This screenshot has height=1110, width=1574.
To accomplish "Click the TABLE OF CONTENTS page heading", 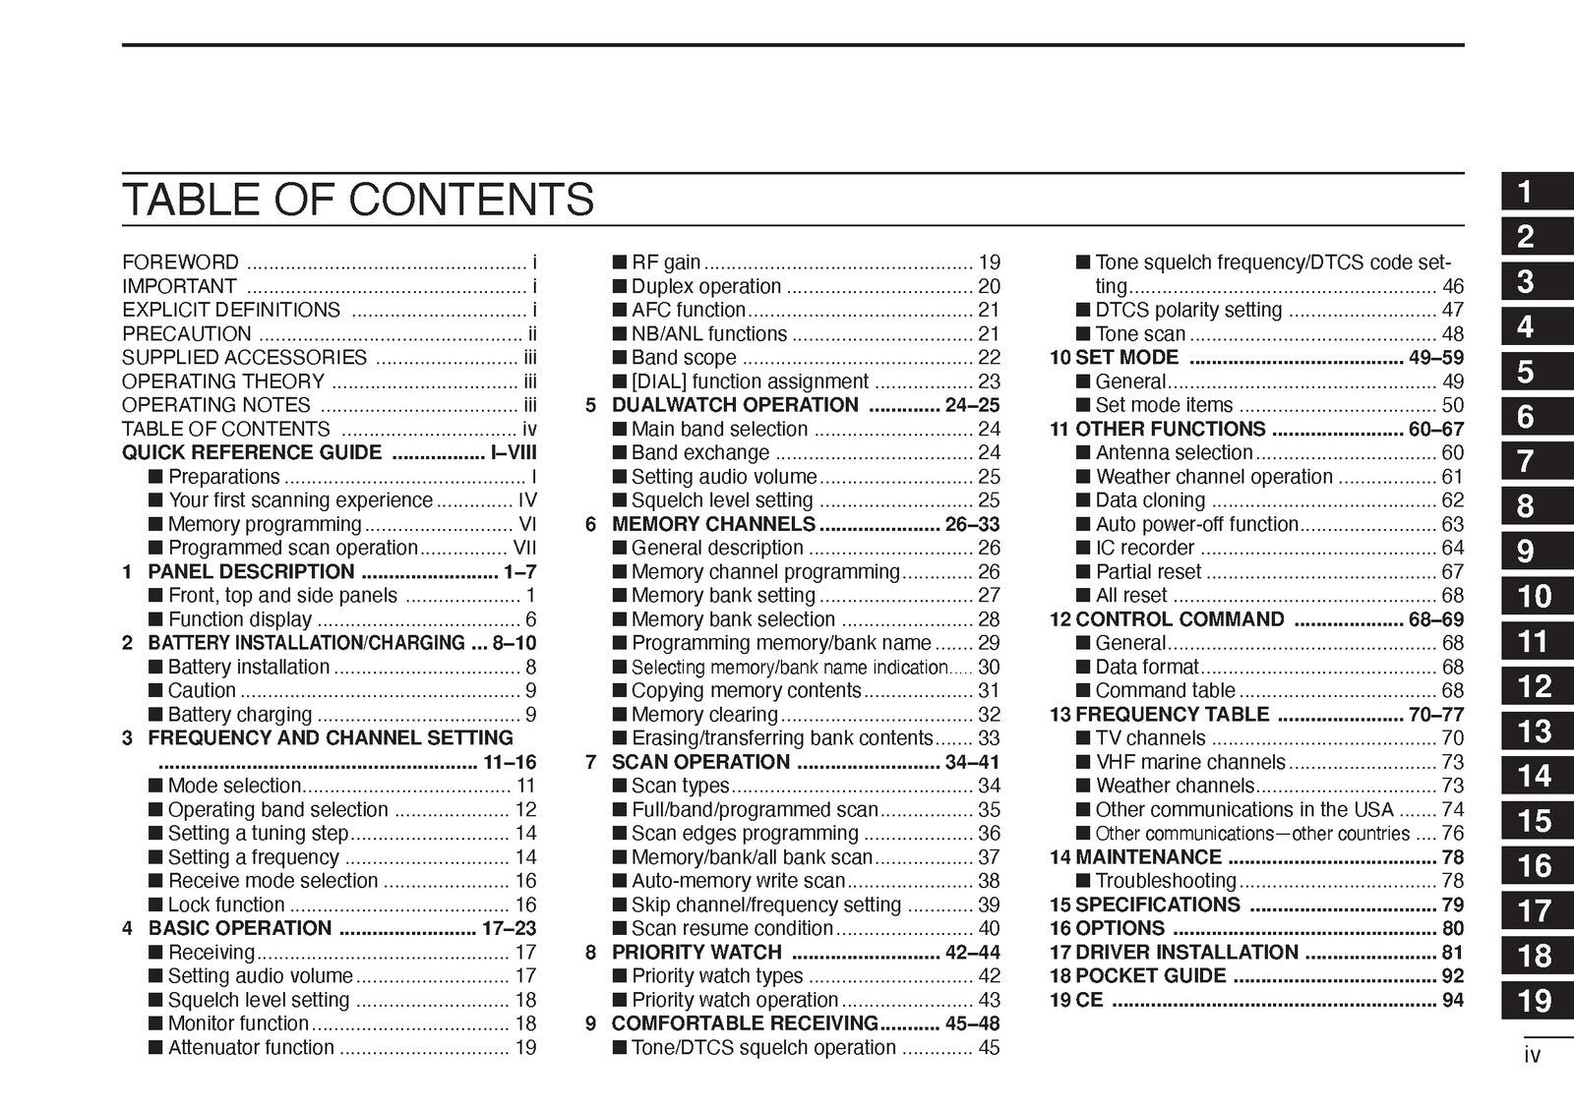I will click(x=357, y=200).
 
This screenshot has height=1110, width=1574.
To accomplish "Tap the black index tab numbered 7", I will click(x=1536, y=461).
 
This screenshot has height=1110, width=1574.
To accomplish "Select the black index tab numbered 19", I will click(x=1536, y=1001).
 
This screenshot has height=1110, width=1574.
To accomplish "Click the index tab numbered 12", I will click(x=1536, y=686).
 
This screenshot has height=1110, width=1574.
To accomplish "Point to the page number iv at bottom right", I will click(x=1532, y=1056).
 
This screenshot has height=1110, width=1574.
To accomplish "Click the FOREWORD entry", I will click(x=180, y=263).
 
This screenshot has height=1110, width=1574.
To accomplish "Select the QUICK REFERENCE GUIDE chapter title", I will click(x=252, y=452).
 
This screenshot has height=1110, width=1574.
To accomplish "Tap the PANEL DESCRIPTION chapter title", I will click(x=251, y=572).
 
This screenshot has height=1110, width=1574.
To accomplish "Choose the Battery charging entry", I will click(x=240, y=715).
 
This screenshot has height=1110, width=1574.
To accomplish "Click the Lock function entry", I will click(x=226, y=905).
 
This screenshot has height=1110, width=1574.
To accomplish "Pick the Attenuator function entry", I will click(x=251, y=1047).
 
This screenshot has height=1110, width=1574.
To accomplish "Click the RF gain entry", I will click(x=666, y=263).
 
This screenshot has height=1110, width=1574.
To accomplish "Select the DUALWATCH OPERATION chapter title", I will click(x=735, y=405).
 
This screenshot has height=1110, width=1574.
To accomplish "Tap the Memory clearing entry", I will click(x=704, y=715).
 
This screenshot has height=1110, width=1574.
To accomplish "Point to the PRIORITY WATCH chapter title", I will click(x=696, y=952).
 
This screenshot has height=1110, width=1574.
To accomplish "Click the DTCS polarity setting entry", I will click(x=1188, y=310).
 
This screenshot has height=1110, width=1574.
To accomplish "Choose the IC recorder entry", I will click(x=1144, y=548).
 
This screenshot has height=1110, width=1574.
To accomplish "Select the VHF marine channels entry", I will click(x=1190, y=762).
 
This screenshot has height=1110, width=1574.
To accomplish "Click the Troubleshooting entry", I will click(x=1166, y=881).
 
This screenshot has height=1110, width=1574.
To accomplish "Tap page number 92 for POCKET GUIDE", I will click(x=1452, y=976).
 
